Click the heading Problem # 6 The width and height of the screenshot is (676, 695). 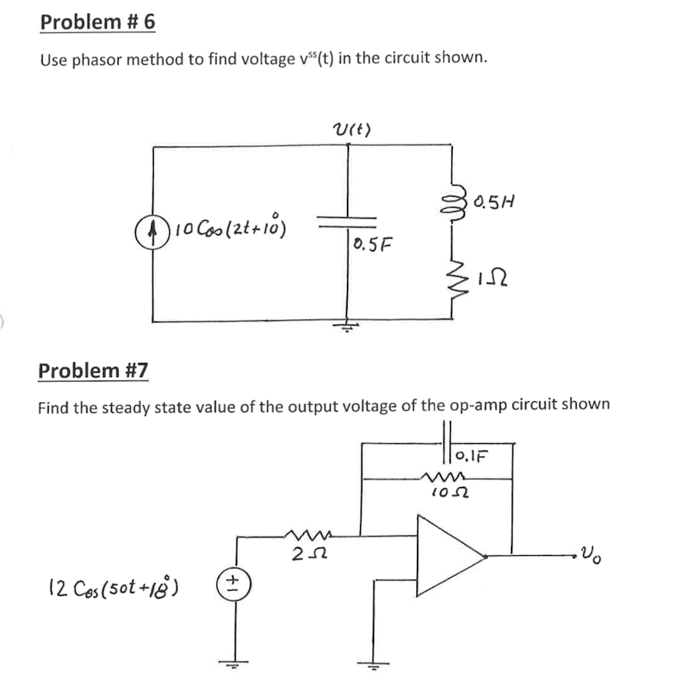[97, 22]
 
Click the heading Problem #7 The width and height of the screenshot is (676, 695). [93, 370]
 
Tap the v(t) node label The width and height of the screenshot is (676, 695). [352, 130]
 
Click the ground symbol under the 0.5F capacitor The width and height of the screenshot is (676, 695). [347, 327]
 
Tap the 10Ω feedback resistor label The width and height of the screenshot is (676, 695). [446, 491]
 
